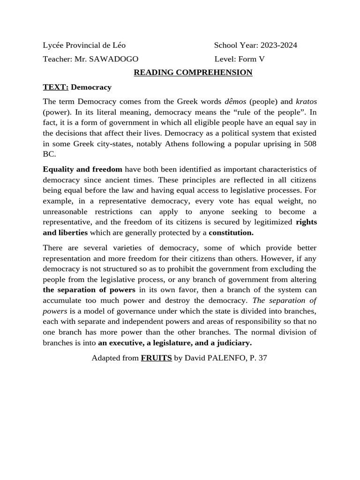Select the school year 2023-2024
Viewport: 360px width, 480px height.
(279, 45)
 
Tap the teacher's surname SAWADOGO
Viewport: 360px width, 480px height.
(115, 59)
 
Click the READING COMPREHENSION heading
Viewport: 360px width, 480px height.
(193, 73)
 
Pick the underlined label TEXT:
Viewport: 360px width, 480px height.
(56, 87)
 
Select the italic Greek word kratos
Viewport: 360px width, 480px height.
(306, 102)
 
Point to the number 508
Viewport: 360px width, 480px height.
(310, 144)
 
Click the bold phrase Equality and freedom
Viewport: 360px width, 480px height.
(82, 169)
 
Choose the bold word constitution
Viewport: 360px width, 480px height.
(231, 232)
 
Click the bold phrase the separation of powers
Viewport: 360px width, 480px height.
(89, 290)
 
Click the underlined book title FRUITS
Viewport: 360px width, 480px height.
(156, 358)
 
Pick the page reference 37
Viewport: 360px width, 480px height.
(262, 358)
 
